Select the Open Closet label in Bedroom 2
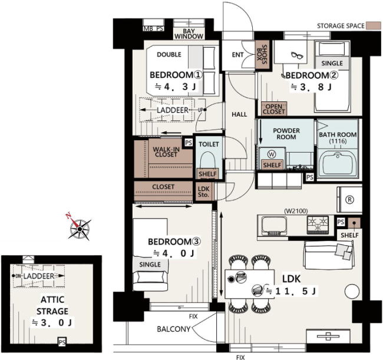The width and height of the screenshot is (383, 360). click(274, 109)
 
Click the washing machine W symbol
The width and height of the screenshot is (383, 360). click(272, 154)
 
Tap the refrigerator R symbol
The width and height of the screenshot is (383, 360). click(349, 200)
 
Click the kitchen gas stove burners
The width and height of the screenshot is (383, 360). click(318, 224)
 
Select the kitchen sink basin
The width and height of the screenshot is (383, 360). click(274, 226)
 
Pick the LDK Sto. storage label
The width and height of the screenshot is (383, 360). click(203, 192)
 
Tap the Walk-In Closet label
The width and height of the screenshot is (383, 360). click(166, 151)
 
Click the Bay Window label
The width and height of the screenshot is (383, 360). click(189, 34)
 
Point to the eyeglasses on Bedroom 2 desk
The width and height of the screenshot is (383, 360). click(297, 55)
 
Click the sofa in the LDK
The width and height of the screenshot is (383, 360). click(329, 255)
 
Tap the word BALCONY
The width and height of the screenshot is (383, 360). click(173, 329)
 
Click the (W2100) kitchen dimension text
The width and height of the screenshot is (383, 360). click(296, 211)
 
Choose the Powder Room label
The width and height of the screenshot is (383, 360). click(286, 134)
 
